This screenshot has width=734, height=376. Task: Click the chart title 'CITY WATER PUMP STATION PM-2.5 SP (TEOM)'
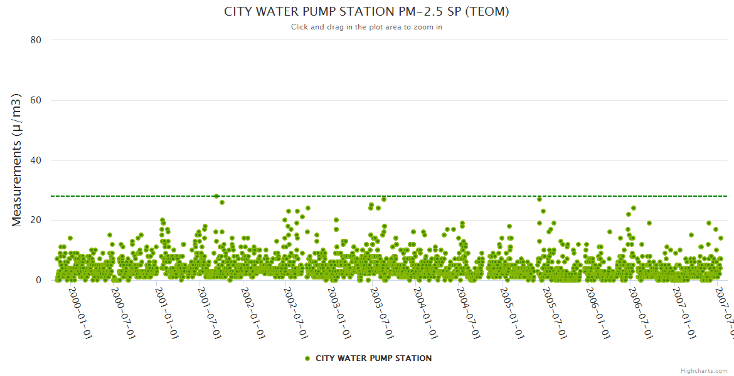[366, 12]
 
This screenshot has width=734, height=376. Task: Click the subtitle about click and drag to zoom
[366, 27]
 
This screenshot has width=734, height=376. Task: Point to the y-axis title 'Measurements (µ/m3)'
[17, 160]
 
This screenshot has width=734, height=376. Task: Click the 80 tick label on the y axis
[36, 40]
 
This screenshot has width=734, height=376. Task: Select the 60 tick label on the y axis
[36, 100]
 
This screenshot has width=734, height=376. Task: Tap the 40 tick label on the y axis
[36, 160]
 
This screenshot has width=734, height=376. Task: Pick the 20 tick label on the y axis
[36, 221]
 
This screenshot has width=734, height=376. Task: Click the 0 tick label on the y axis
[38, 280]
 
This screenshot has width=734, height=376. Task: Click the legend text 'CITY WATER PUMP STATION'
[373, 358]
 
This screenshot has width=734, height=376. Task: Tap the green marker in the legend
[307, 358]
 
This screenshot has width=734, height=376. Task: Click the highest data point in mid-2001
[216, 196]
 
